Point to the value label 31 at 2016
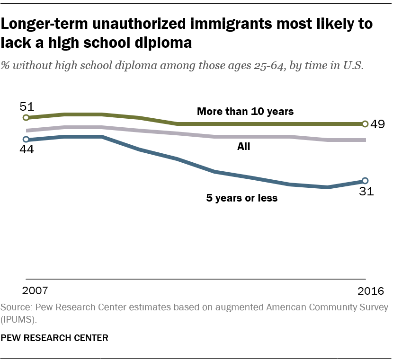[x=366, y=192]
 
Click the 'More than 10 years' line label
[x=245, y=112]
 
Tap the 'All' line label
[x=243, y=147]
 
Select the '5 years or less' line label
[x=241, y=198]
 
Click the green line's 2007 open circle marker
[x=26, y=117]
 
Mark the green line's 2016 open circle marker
[x=365, y=124]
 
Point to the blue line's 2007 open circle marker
[x=26, y=140]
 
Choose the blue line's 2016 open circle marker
[x=365, y=181]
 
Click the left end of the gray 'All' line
[x=27, y=130]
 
